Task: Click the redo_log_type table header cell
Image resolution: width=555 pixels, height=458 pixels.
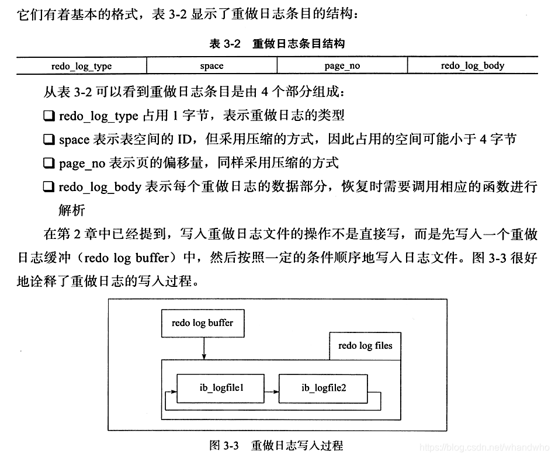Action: coord(81,66)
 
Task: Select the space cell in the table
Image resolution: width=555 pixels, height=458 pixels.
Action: coord(211,66)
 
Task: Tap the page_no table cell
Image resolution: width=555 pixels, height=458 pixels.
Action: coord(342,66)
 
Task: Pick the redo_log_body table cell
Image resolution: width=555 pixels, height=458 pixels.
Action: coord(472,66)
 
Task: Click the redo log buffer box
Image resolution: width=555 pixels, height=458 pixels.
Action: coord(202,323)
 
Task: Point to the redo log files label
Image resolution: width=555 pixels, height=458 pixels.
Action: coord(365,345)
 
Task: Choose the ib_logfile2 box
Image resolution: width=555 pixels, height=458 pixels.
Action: coord(324,387)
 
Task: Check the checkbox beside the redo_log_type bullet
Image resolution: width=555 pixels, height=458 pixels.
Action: coord(48,116)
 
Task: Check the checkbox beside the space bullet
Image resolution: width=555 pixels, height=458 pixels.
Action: coord(48,140)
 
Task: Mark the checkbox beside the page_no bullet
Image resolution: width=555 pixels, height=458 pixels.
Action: coord(48,164)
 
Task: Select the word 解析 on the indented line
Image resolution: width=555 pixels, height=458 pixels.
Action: coord(72,210)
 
